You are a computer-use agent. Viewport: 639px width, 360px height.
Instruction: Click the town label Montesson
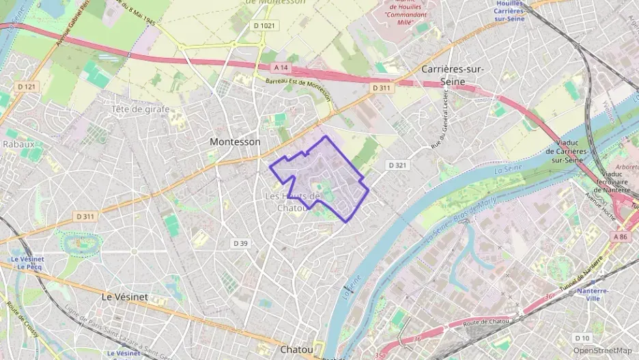pyautogui.click(x=235, y=141)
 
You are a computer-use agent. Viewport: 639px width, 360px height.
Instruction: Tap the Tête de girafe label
pyautogui.click(x=140, y=109)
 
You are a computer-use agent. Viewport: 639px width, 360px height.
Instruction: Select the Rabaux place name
pyautogui.click(x=18, y=144)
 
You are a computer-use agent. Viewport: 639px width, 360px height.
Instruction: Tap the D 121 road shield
pyautogui.click(x=26, y=86)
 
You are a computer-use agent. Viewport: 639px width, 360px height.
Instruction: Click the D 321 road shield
pyautogui.click(x=397, y=165)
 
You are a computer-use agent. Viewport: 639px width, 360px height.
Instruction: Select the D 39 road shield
pyautogui.click(x=240, y=243)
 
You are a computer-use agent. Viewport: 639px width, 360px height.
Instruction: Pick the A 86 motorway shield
pyautogui.click(x=620, y=236)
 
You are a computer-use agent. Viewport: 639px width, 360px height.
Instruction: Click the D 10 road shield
pyautogui.click(x=582, y=337)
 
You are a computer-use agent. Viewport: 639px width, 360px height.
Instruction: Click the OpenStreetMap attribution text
pyautogui.click(x=602, y=350)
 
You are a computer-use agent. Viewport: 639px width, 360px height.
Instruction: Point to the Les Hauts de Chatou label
pyautogui.click(x=292, y=202)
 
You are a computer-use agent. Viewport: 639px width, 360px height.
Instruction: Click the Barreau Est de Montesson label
pyautogui.click(x=298, y=89)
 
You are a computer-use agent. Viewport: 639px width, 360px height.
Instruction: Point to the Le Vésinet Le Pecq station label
pyautogui.click(x=27, y=263)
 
